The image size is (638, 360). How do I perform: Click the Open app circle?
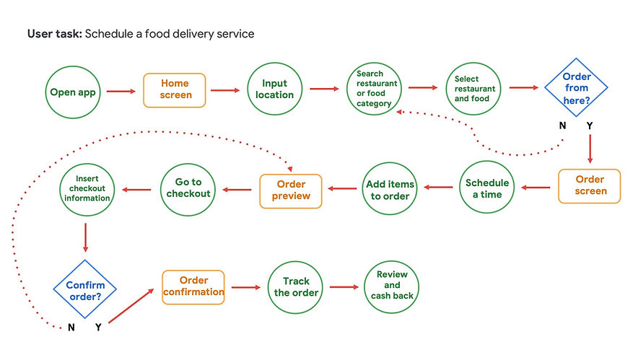coord(73,92)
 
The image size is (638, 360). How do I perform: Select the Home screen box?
coord(175,90)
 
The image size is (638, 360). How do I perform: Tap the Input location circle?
coord(274,90)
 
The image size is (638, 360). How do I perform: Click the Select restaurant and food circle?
coord(473,89)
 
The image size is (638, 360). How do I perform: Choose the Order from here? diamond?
coord(576,88)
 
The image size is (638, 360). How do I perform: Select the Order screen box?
coord(589,186)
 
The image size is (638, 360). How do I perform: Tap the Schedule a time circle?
coord(486,188)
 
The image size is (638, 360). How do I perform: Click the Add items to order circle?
coord(390,189)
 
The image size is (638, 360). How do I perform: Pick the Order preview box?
coord(291,190)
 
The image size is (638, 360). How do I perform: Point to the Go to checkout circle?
coord(188,188)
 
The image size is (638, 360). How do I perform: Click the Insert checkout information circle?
coord(87,189)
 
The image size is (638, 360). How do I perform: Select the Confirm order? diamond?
coord(85,290)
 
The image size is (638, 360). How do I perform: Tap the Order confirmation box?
coord(193,286)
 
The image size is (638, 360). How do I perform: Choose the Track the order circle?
coord(294,287)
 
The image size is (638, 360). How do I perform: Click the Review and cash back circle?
coord(392,286)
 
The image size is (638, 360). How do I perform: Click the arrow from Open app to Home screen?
coord(121,91)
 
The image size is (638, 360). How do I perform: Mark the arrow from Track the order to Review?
coord(343,287)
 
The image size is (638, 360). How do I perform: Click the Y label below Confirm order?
coord(98,328)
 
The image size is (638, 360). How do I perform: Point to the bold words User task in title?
coord(54,34)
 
